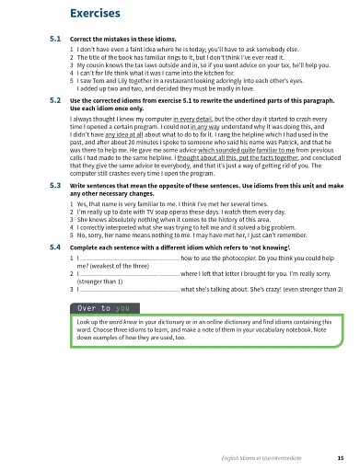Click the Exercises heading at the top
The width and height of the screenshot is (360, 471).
pos(95,13)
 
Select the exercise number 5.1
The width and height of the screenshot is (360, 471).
pos(54,40)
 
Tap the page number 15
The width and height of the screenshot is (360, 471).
pos(341,457)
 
